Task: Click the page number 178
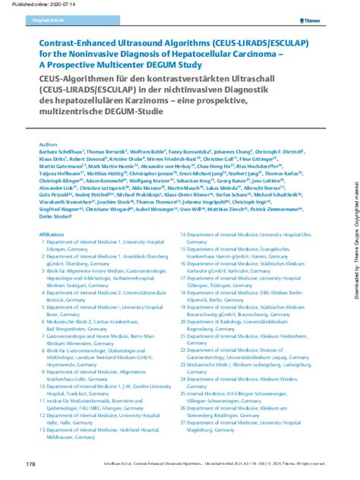(30, 463)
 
